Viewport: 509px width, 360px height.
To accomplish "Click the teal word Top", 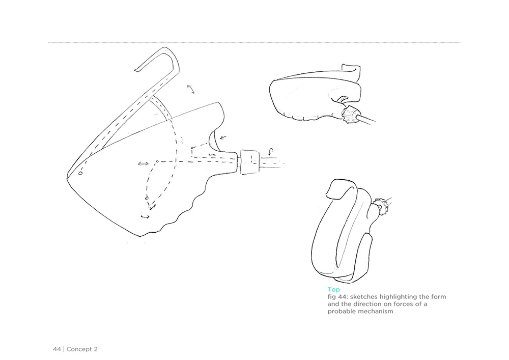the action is tap(334, 290).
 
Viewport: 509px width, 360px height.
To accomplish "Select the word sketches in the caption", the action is tap(364, 297).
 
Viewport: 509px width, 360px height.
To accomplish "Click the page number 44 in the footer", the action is tap(57, 349).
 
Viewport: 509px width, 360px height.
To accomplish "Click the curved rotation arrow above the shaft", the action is tap(271, 151).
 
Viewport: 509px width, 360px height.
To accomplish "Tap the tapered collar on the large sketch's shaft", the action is tap(250, 162).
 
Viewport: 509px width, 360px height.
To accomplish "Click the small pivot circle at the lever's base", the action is tap(80, 173).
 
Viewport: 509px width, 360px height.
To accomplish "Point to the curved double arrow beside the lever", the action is tap(191, 89).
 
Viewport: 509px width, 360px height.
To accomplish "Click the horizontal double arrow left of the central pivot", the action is tap(143, 164).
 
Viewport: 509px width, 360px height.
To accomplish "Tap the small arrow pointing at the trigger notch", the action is tap(223, 137).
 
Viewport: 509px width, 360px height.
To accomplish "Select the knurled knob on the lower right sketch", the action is tap(378, 206).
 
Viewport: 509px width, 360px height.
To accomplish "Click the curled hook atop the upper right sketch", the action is tap(352, 73).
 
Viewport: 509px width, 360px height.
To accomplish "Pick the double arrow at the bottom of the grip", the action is tap(145, 216).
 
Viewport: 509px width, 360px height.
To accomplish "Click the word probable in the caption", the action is tap(340, 311).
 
